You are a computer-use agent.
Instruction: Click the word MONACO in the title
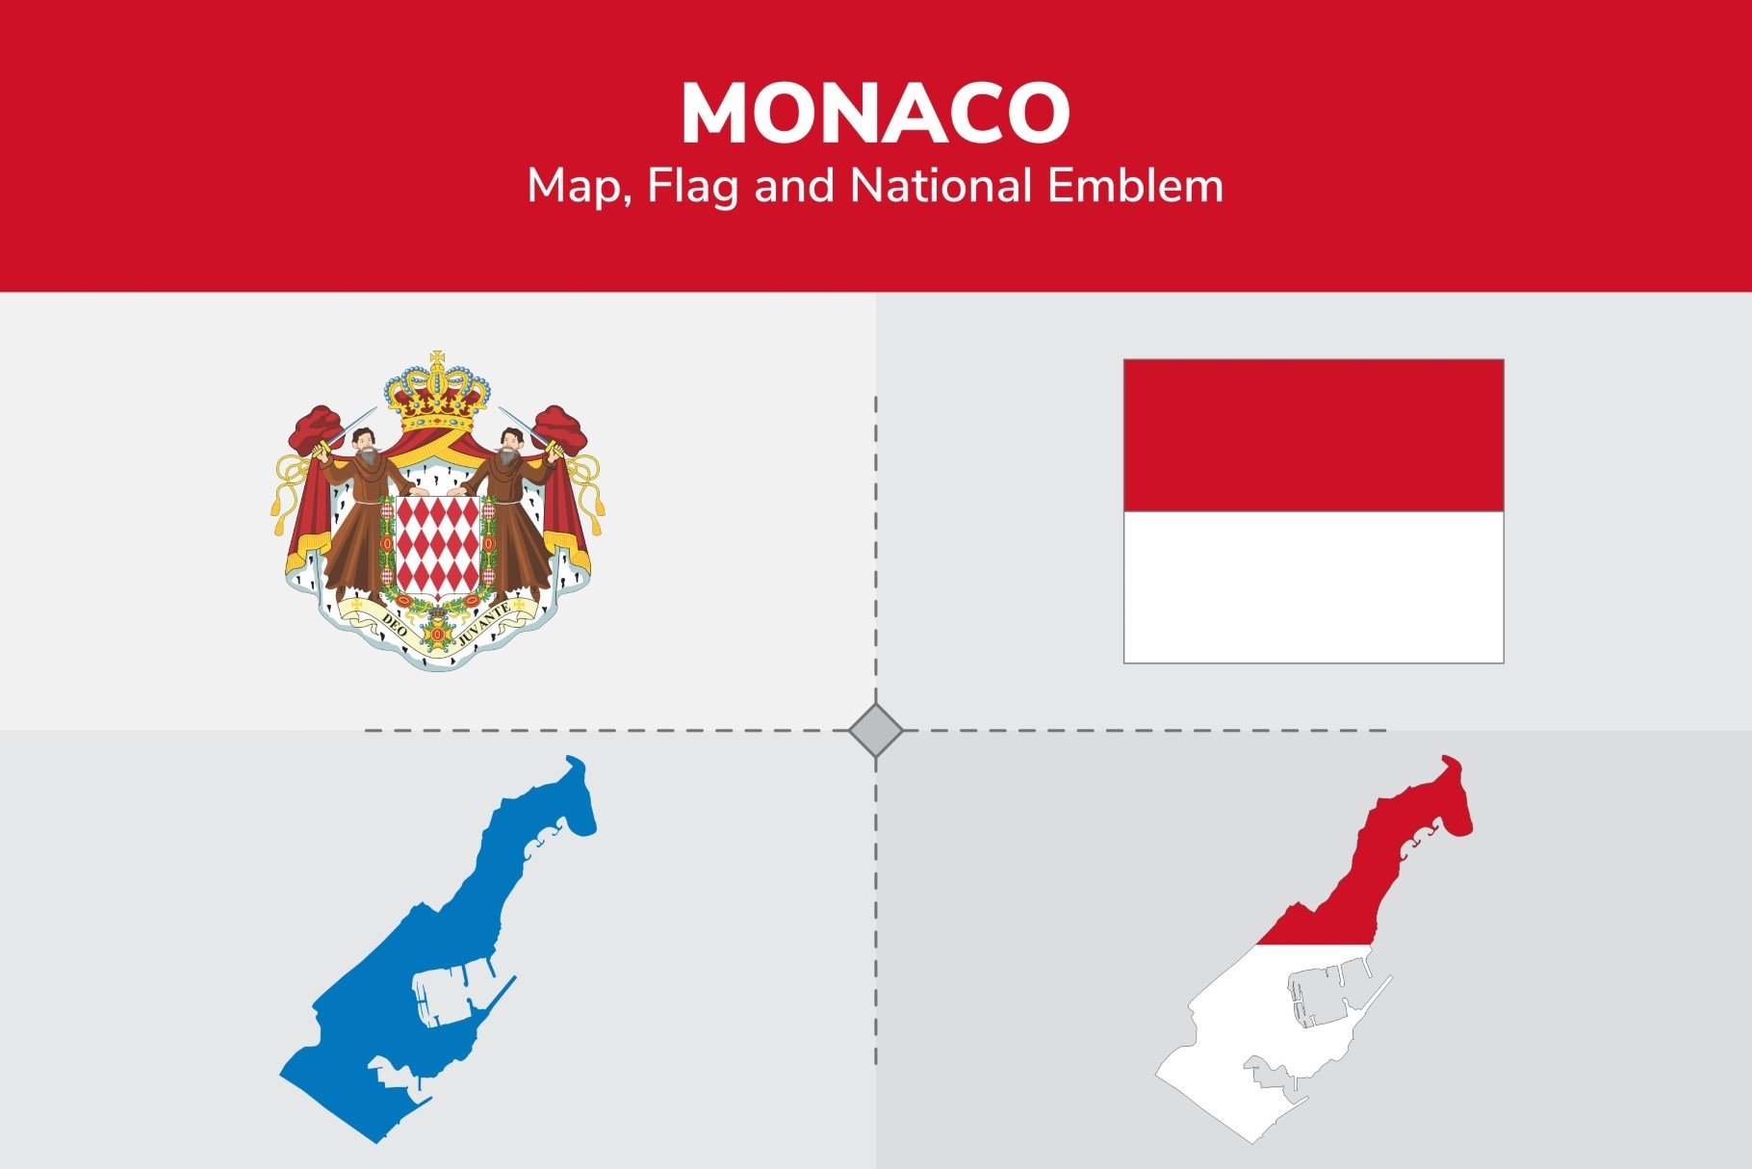click(x=875, y=114)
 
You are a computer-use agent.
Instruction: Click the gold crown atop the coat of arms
click(x=438, y=395)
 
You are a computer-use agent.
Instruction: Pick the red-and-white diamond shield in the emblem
click(x=438, y=545)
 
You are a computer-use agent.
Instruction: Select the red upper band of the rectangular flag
click(x=1313, y=435)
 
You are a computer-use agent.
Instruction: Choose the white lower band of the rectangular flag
click(x=1313, y=586)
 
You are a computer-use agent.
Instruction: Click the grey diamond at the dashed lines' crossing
click(x=876, y=731)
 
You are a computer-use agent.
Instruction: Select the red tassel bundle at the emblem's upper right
click(x=561, y=429)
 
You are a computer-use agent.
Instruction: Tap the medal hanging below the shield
click(x=438, y=635)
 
